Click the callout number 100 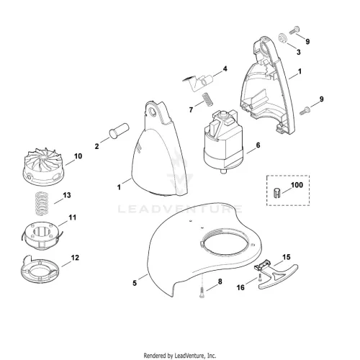pyautogui.click(x=297, y=185)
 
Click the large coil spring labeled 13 pyautogui.click(x=42, y=204)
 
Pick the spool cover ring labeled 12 pyautogui.click(x=40, y=269)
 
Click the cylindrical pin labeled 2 pyautogui.click(x=119, y=130)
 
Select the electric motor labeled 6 pyautogui.click(x=223, y=141)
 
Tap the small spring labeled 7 pyautogui.click(x=208, y=99)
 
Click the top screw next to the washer pyautogui.click(x=294, y=30)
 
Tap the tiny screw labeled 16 pyautogui.click(x=261, y=279)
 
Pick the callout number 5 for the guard pyautogui.click(x=135, y=283)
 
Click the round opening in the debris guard pyautogui.click(x=225, y=242)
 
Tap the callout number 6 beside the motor pyautogui.click(x=258, y=145)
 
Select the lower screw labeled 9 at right pyautogui.click(x=305, y=111)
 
